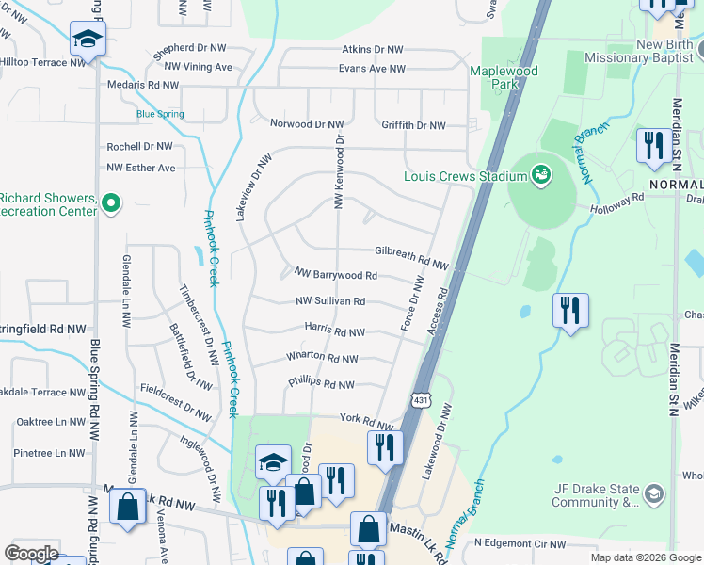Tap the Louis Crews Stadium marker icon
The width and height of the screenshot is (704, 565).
tap(540, 174)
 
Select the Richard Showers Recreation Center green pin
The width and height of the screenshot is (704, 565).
tap(111, 203)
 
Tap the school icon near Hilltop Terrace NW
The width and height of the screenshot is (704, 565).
tap(88, 40)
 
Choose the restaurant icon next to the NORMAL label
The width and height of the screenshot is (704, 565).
tap(652, 145)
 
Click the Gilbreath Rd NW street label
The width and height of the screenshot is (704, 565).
tap(411, 251)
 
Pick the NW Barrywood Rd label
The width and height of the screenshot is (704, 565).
tap(335, 275)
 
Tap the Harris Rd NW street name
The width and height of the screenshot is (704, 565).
tap(334, 331)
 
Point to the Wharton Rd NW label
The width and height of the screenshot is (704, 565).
tap(322, 359)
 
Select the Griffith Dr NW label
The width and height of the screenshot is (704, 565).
tap(413, 124)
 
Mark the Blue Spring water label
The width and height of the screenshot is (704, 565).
tap(160, 114)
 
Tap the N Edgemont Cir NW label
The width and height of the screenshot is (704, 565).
tap(520, 543)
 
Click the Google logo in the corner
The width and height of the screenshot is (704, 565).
tap(31, 554)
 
